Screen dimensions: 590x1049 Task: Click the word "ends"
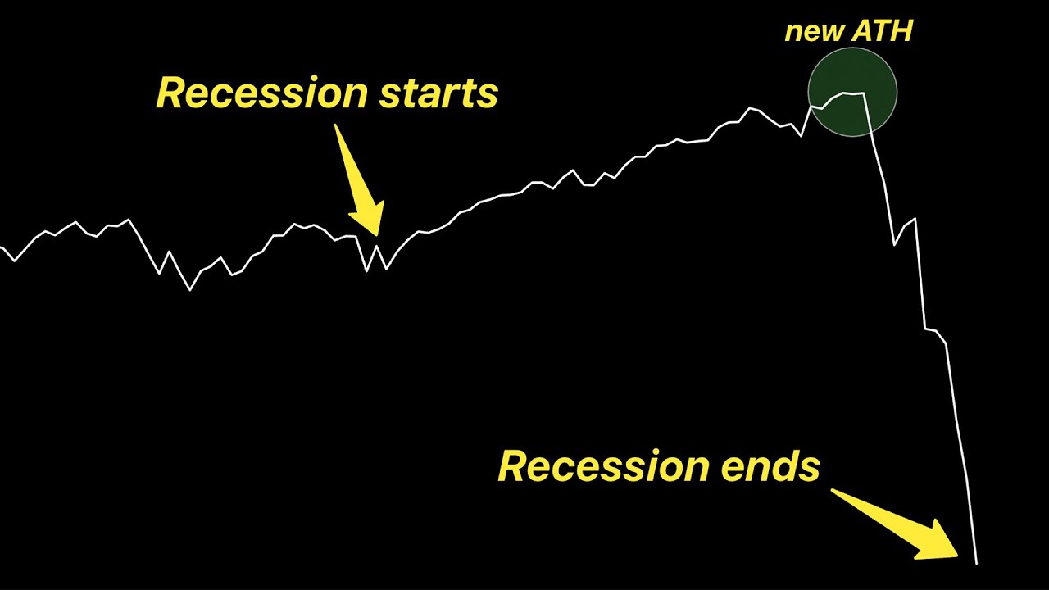[x=771, y=466]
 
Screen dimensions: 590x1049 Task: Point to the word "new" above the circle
[x=813, y=32]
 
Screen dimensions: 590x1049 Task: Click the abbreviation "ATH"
[x=881, y=32]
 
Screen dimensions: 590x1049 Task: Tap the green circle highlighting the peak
[x=852, y=92]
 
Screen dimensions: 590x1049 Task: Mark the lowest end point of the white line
[x=976, y=563]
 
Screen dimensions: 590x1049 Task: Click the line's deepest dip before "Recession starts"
[x=191, y=289]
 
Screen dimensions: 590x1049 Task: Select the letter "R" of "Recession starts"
[x=170, y=93]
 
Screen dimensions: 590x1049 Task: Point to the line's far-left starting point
[x=2, y=247]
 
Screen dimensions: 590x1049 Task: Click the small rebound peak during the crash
[x=915, y=219]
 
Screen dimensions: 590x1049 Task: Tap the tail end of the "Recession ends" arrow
[x=834, y=492]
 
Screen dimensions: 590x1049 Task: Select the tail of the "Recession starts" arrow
[x=337, y=127]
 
